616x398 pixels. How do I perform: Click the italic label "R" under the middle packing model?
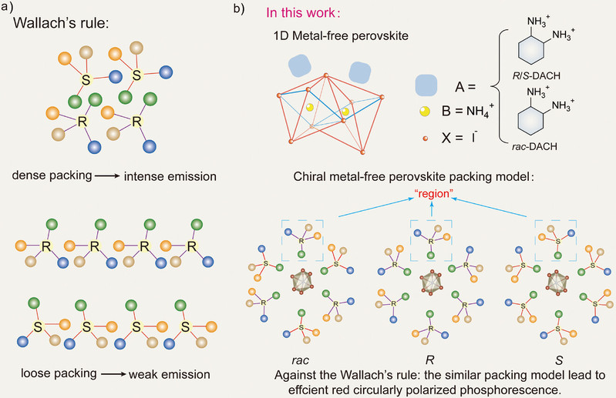tap(431, 359)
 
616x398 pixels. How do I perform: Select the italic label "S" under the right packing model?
tap(556, 359)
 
